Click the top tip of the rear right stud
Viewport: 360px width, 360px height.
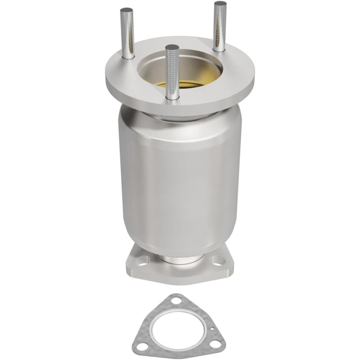coord(220,4)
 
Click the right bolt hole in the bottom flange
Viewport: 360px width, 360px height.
coord(218,260)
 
